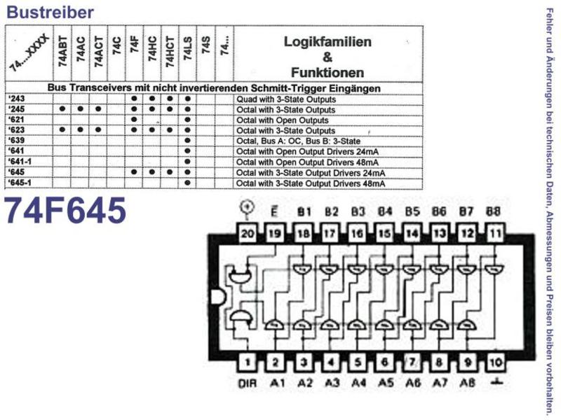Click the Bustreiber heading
coord(50,12)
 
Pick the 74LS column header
coord(188,48)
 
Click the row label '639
coord(16,141)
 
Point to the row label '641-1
coord(20,162)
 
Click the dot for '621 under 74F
coord(134,120)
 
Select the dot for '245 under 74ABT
coord(62,109)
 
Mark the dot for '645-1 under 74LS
coord(188,183)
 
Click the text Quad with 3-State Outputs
coord(286,99)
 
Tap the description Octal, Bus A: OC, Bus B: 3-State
coord(299,141)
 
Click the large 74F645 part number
coord(65,211)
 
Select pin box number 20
coord(248,234)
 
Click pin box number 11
coord(495,234)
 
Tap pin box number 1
coord(248,363)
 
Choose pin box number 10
coord(495,363)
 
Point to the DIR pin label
coord(248,384)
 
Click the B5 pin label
coord(412,212)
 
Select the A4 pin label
coord(358,383)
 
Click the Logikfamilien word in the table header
coord(327,42)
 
